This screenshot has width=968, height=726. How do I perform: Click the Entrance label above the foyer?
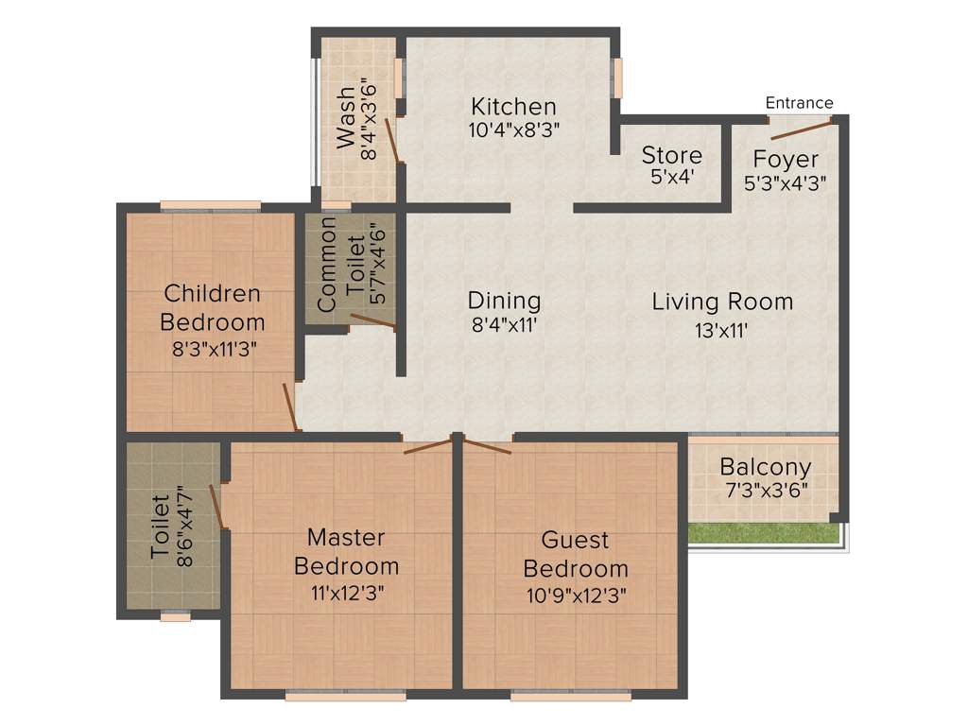point(799,103)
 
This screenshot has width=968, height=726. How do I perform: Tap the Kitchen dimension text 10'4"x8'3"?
point(514,131)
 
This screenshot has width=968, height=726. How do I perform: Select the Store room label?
point(671,155)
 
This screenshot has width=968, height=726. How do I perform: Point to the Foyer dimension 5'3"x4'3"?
point(786,184)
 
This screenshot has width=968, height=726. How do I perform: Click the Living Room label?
point(722,302)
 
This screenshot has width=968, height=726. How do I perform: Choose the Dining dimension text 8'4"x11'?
point(504,328)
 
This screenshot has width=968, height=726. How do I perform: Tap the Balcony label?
point(765,467)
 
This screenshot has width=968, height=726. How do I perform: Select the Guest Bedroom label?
point(575,555)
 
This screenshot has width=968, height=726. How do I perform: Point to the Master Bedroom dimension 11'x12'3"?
point(346,594)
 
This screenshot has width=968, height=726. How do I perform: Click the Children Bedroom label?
point(212,307)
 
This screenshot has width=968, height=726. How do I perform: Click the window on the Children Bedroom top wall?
point(210,205)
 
